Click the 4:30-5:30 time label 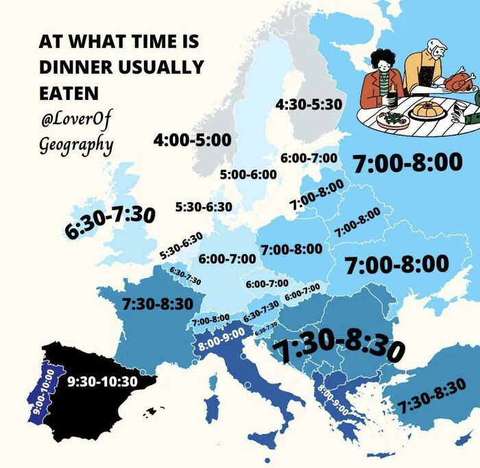click(309, 104)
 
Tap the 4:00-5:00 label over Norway click(192, 140)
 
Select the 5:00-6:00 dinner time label click(248, 174)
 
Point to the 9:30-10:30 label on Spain click(104, 381)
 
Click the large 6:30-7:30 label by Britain click(110, 221)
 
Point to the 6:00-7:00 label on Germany click(227, 259)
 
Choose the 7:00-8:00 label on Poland click(291, 248)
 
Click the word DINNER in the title click(71, 67)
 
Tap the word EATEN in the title click(69, 92)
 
